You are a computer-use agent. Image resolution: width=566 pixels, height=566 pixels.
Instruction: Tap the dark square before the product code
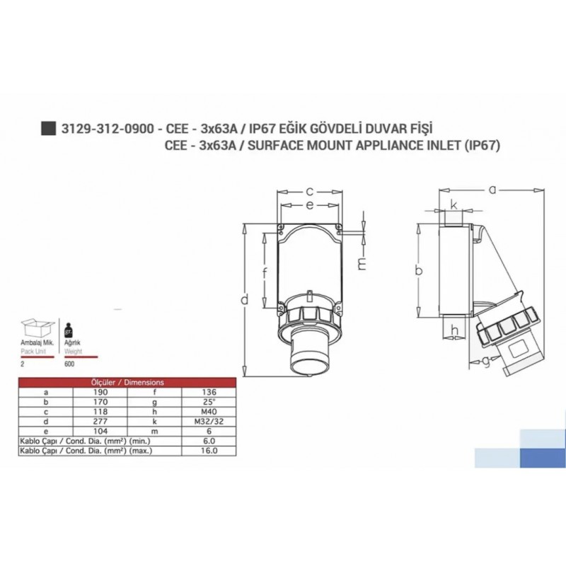pyautogui.click(x=48, y=128)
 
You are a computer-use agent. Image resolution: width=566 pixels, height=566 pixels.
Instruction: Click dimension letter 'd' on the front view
pyautogui.click(x=244, y=299)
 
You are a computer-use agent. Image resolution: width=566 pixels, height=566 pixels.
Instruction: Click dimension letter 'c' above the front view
pyautogui.click(x=310, y=191)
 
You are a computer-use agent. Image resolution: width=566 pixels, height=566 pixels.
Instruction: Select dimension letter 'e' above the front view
pyautogui.click(x=310, y=205)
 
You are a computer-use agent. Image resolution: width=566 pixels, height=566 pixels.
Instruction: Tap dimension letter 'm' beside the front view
pyautogui.click(x=362, y=264)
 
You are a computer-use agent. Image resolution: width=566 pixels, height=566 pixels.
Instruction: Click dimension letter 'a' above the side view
pyautogui.click(x=493, y=189)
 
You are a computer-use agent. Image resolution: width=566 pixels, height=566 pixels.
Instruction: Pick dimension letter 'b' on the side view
pyautogui.click(x=419, y=271)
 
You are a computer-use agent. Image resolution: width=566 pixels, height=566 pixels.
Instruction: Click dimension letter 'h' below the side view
pyautogui.click(x=454, y=330)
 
